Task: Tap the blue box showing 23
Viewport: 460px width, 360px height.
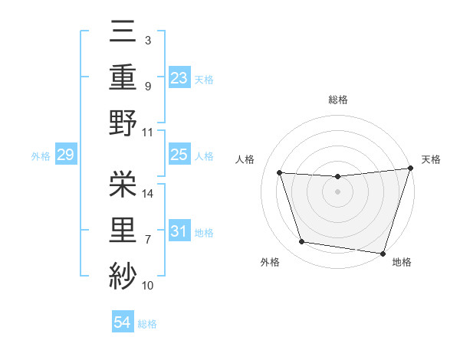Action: [179, 77]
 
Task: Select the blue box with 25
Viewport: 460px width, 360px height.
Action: [179, 155]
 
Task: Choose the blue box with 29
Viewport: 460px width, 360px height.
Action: [65, 155]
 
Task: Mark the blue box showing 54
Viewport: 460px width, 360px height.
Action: [122, 323]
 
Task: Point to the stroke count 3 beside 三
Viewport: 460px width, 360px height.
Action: [147, 39]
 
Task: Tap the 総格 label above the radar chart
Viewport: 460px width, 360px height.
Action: [338, 100]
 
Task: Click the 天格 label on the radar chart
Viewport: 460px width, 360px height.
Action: [431, 159]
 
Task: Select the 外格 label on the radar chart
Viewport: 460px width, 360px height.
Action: [270, 262]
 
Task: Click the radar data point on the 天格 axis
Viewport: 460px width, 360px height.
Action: [411, 169]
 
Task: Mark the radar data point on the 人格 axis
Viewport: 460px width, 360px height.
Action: [280, 173]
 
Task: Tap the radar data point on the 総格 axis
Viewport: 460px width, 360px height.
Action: [337, 177]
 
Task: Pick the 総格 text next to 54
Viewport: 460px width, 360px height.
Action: [147, 324]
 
